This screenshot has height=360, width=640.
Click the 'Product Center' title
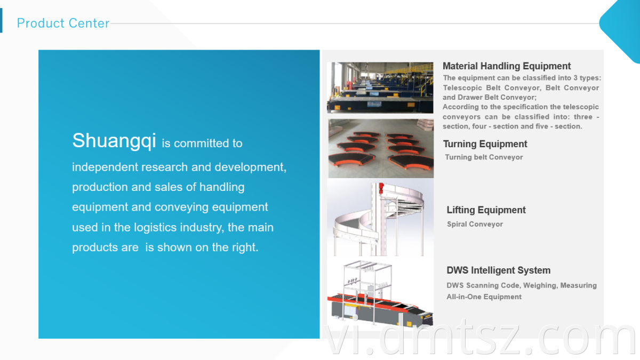[63, 23]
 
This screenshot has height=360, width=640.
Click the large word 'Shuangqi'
[114, 141]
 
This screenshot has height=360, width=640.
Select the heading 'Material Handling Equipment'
[507, 66]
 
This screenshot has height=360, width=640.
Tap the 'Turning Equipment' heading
[485, 144]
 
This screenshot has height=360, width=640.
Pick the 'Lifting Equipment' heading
[486, 210]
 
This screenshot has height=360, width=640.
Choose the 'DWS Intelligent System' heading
[498, 270]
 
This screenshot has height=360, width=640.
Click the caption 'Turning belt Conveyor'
[484, 157]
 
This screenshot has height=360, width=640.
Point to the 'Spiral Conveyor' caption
[475, 224]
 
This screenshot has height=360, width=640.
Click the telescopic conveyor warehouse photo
[380, 87]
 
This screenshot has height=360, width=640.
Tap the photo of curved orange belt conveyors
[381, 149]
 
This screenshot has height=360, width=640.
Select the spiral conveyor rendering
[380, 218]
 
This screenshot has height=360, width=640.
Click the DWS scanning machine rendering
[380, 293]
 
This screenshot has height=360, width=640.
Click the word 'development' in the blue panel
[250, 167]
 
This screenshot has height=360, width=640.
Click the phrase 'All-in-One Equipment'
[484, 297]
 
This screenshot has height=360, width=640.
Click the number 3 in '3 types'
[575, 78]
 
